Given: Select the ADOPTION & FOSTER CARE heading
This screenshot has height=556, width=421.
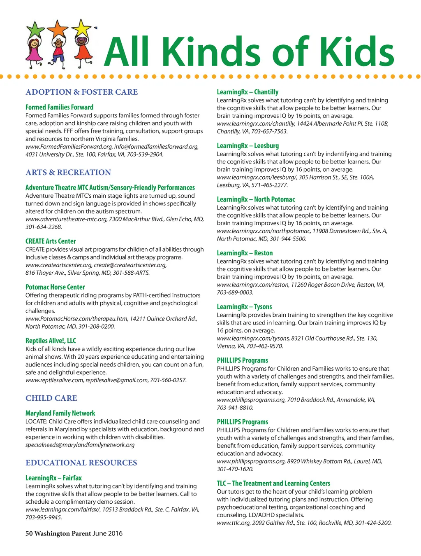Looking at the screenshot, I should tap(82, 92).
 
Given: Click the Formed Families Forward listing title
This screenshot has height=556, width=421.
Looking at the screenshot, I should tap(59, 107).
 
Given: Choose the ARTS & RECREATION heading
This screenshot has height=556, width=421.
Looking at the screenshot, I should tap(68, 172).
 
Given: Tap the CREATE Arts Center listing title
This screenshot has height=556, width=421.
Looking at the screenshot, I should tap(51, 241).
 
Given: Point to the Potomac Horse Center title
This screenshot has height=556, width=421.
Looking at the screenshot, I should tap(55, 287).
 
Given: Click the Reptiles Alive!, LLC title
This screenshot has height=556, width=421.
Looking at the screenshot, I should tap(51, 341).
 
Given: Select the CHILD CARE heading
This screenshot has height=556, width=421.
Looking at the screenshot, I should tap(51, 398).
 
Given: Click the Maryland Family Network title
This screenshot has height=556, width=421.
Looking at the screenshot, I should tap(60, 413).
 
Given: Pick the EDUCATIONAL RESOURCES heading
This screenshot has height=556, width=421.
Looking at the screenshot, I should tap(81, 463).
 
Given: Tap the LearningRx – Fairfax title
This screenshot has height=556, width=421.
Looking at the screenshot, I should tap(53, 478).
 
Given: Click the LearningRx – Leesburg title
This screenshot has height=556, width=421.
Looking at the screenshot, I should tap(248, 145).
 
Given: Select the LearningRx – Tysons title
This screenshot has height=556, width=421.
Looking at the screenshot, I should tap(245, 306).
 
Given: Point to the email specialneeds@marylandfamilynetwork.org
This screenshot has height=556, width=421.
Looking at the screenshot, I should tap(80, 445).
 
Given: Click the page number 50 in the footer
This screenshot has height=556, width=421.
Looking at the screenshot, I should tap(29, 533).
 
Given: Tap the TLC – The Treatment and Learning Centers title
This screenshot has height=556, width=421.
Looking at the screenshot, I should tap(273, 483).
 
